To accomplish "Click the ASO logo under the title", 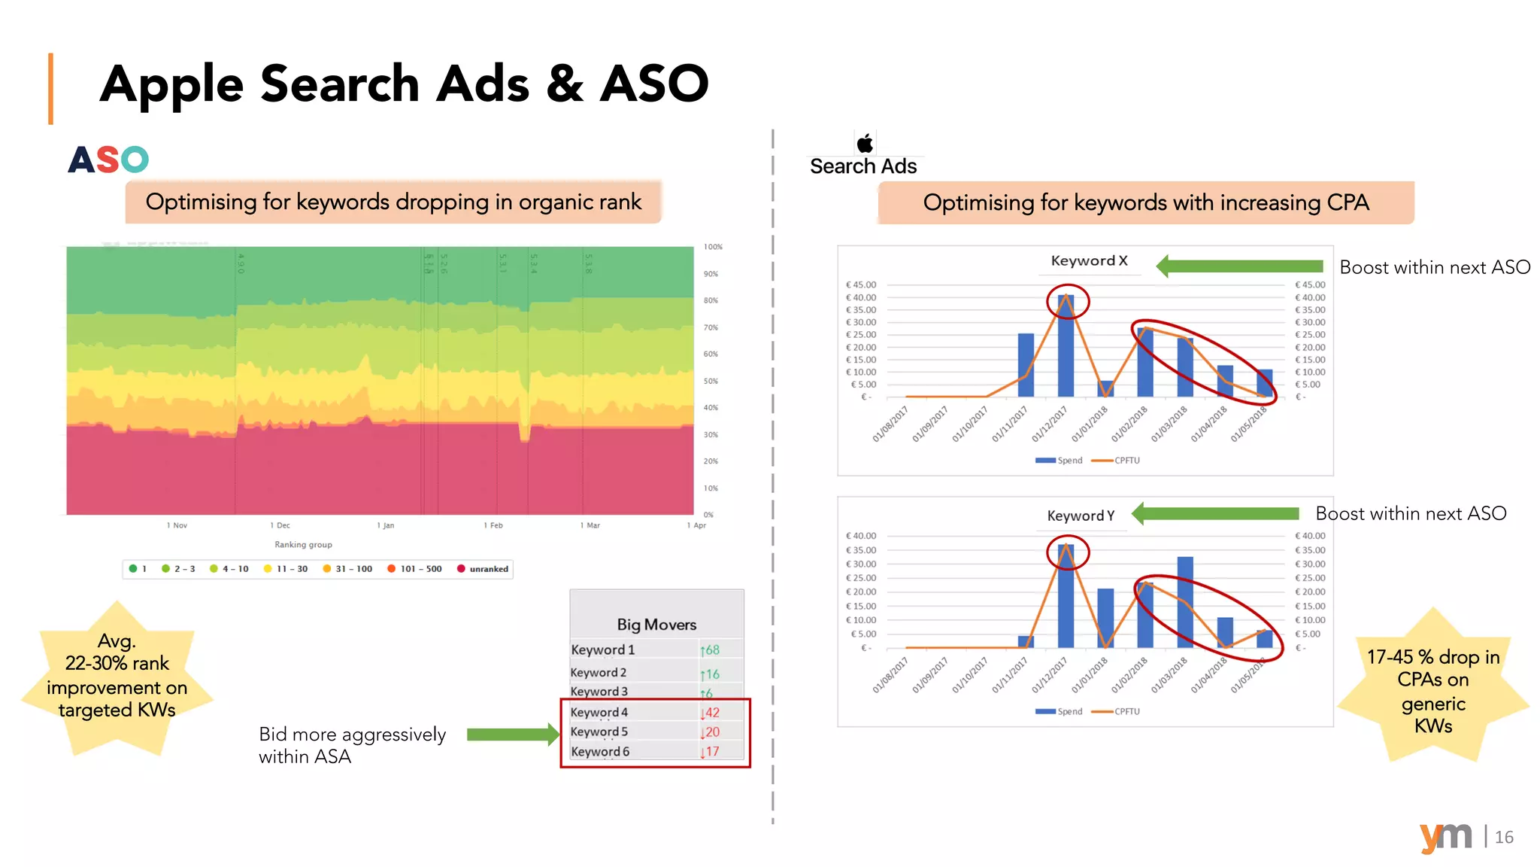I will coord(108,160).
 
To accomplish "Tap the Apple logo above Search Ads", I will coord(865,143).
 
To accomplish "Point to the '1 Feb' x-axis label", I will coord(493,525).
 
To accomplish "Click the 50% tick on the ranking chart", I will coord(711,381).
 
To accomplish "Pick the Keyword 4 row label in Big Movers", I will coord(599,712).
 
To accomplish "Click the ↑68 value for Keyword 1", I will coord(710,649).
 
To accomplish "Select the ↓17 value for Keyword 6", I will coord(710,751).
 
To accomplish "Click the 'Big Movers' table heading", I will coord(656,625).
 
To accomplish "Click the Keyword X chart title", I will coord(1089,260).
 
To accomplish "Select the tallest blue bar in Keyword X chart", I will coord(1066,346).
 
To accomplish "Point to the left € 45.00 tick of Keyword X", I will coord(861,285).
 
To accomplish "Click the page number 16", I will coord(1504,837).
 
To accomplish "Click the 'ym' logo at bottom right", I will coord(1445,837).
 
